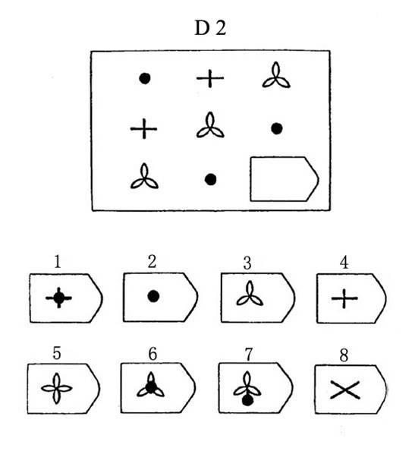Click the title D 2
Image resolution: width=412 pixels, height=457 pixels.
point(210,28)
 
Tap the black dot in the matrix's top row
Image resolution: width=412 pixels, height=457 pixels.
point(145,78)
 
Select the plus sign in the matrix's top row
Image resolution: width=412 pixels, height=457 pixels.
point(210,78)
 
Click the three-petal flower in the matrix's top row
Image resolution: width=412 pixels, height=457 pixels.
point(276,77)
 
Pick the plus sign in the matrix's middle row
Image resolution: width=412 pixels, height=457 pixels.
point(143,128)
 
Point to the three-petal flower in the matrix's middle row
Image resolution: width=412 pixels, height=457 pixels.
point(210,127)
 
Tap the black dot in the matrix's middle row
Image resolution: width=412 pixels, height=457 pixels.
point(276,128)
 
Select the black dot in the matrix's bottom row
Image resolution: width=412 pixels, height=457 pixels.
point(210,179)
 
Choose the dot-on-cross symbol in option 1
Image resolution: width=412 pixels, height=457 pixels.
point(59,298)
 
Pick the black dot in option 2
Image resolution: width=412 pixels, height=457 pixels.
point(153,296)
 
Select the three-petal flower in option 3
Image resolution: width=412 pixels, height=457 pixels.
point(250,295)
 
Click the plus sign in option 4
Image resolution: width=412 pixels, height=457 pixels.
point(344,298)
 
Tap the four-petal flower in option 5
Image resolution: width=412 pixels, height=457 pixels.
point(56,388)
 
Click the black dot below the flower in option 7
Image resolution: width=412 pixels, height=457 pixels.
point(247,401)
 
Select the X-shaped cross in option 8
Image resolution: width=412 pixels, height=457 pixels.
point(345,389)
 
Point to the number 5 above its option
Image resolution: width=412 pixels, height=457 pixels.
point(56,353)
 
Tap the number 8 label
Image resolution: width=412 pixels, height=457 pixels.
point(344,355)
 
